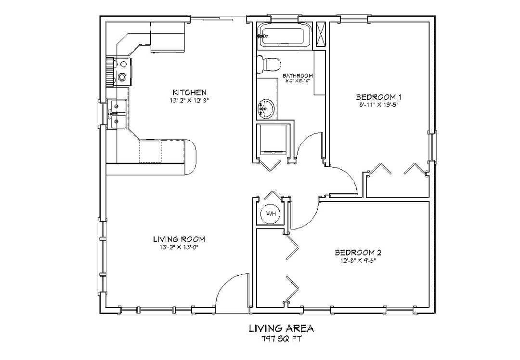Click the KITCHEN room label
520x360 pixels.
tap(189, 92)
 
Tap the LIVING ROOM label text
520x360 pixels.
tap(179, 239)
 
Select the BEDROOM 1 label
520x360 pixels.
tap(379, 96)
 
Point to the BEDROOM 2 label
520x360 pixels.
tap(358, 253)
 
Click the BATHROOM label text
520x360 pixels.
tap(298, 76)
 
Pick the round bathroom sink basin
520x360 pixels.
tap(265, 109)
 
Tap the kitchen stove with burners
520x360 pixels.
tap(121, 70)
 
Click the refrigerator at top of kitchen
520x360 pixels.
tap(168, 37)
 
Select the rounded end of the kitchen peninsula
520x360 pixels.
tap(191, 157)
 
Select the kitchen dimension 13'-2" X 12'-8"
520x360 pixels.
tap(189, 100)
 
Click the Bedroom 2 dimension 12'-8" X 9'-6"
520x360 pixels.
tap(358, 261)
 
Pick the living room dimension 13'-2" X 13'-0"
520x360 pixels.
tap(179, 247)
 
